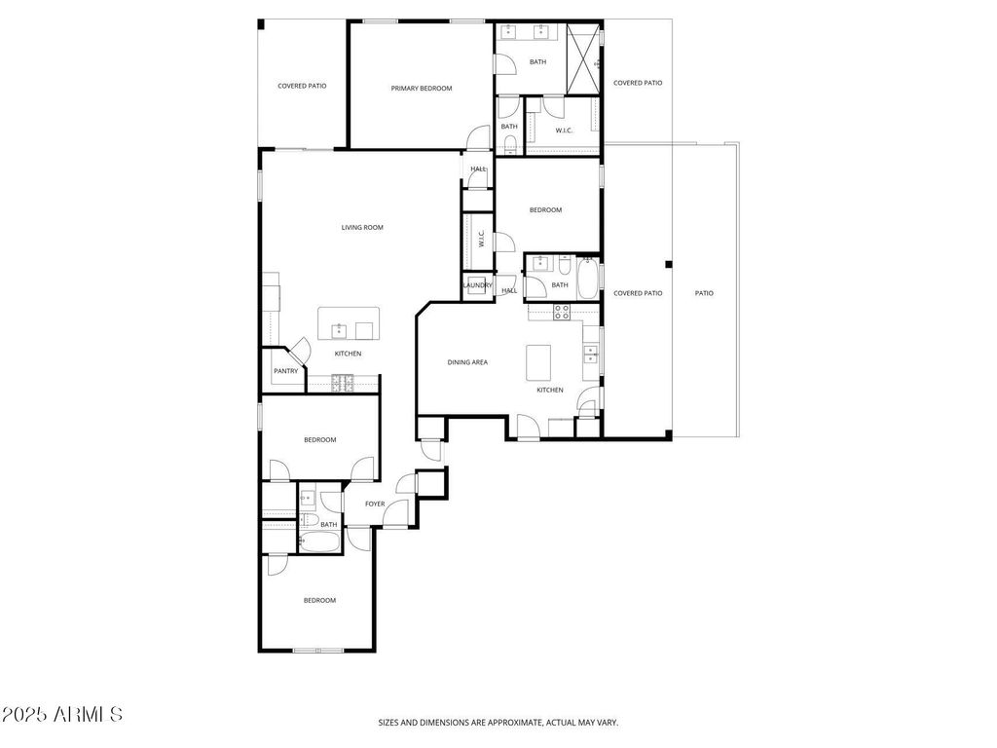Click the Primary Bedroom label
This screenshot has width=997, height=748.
(421, 89)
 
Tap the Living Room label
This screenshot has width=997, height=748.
(362, 227)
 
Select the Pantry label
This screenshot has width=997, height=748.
(285, 371)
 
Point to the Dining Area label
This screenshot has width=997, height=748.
(467, 362)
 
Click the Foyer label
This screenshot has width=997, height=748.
(375, 504)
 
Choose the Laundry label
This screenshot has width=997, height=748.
(477, 285)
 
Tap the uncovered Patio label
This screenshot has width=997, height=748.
(704, 293)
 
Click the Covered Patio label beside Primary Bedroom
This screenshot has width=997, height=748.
(302, 86)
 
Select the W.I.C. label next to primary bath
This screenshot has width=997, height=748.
(564, 131)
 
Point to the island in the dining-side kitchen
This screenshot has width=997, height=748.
(537, 362)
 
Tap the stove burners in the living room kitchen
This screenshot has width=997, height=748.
(342, 382)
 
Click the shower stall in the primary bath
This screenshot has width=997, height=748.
(583, 59)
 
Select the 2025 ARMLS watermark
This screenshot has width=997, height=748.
(61, 714)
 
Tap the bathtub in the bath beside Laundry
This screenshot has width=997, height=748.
(588, 278)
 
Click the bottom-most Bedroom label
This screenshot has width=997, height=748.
(319, 600)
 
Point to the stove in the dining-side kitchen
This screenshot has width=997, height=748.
(562, 312)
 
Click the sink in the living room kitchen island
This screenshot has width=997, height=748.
(339, 331)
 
